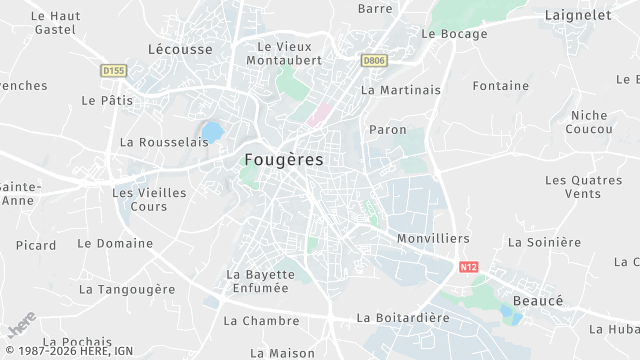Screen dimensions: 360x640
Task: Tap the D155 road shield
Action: tap(113, 70)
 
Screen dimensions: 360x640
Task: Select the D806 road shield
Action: tap(374, 60)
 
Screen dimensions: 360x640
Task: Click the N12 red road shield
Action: tap(469, 267)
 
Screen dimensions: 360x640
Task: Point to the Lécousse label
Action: tap(180, 48)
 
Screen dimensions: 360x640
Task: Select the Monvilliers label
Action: tap(433, 239)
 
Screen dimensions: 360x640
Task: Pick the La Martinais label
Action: tap(401, 90)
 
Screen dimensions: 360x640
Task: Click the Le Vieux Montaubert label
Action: tap(290, 53)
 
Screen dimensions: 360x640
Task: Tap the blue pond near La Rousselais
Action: tap(212, 131)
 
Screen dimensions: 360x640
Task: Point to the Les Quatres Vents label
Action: tap(583, 186)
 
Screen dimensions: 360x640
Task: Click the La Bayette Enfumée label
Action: tap(260, 281)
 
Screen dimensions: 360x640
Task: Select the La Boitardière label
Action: tap(403, 318)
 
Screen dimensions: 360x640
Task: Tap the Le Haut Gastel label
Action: tap(55, 23)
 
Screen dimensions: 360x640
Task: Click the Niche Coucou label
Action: tap(588, 122)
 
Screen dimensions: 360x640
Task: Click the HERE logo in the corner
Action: tap(21, 328)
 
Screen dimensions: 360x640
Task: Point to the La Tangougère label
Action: tap(127, 289)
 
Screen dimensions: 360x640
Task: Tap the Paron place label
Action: tap(388, 129)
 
